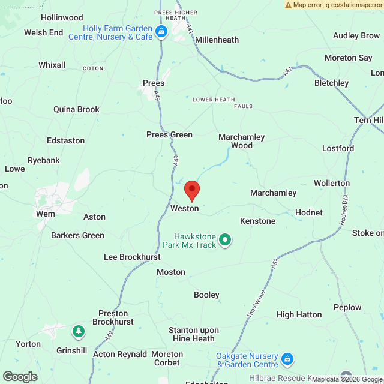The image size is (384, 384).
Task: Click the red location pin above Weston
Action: (x=191, y=190)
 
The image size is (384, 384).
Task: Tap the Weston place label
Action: (x=184, y=208)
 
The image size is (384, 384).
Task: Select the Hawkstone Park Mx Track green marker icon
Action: (x=225, y=241)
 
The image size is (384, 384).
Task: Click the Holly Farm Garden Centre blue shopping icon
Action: (x=161, y=32)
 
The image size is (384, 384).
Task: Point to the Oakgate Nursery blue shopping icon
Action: (x=287, y=359)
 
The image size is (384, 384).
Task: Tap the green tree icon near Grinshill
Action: (x=78, y=331)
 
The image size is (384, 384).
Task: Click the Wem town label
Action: (x=45, y=214)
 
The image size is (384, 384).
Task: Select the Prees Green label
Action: (x=169, y=134)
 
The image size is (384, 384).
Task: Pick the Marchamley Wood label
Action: (x=241, y=141)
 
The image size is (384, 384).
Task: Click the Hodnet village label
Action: (x=308, y=212)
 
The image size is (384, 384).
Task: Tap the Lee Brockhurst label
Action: (x=132, y=256)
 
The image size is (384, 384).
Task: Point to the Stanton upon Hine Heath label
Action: (x=193, y=334)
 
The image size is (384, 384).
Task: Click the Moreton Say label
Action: (x=348, y=58)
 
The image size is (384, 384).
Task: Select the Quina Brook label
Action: (x=76, y=109)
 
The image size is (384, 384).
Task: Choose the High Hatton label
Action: (x=299, y=314)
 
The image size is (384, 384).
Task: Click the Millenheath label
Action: (x=217, y=40)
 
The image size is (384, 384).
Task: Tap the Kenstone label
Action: (x=257, y=221)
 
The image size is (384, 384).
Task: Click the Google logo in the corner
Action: (x=19, y=376)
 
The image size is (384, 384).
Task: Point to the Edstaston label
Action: (x=65, y=140)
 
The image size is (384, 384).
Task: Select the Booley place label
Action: (x=206, y=295)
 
